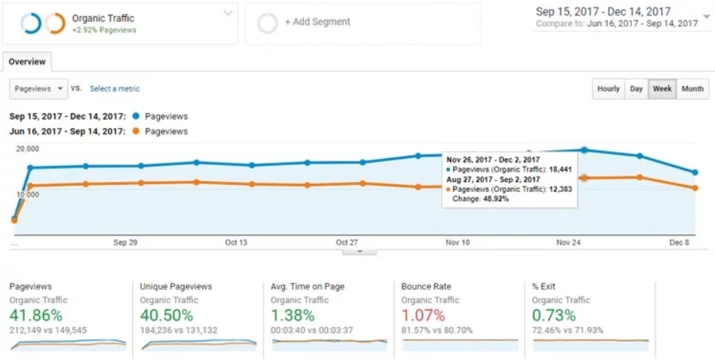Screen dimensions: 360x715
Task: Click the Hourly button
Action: [x=608, y=89]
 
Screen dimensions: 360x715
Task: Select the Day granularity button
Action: [x=636, y=89]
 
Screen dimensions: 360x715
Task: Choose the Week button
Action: [x=662, y=89]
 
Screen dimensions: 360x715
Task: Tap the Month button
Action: [x=692, y=89]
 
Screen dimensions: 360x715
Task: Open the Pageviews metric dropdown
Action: [x=38, y=89]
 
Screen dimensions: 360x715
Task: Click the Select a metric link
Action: [x=114, y=89]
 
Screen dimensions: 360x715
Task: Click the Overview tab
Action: [x=27, y=62]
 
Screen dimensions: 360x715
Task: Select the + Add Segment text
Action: [x=317, y=22]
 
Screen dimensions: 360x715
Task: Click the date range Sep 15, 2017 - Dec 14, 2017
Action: [x=603, y=12]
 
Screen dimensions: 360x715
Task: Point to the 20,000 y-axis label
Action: [x=28, y=149]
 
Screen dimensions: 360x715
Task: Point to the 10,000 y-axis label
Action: [x=28, y=195]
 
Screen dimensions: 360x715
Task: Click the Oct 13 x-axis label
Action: [x=236, y=243]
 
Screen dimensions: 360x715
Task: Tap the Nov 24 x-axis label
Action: [x=568, y=243]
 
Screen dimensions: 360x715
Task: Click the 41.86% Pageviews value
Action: [x=36, y=315]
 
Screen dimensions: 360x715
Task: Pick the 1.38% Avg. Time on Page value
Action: [x=293, y=315]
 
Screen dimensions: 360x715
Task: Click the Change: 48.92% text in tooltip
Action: [x=480, y=199]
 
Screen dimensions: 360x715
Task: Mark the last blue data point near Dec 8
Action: [x=695, y=173]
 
